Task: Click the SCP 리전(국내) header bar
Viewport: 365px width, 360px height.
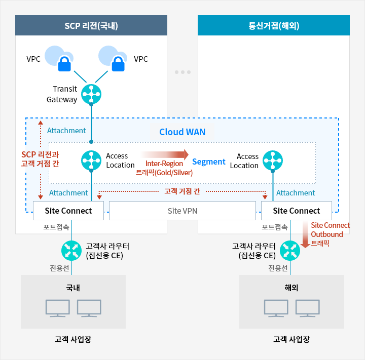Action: click(x=91, y=25)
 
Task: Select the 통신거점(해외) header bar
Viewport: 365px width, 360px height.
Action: click(x=274, y=25)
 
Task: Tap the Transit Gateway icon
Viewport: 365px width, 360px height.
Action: click(x=91, y=93)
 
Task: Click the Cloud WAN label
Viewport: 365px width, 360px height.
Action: click(x=182, y=132)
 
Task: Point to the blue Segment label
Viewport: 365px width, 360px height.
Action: click(x=209, y=162)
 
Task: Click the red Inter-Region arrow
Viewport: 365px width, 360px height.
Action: click(x=165, y=154)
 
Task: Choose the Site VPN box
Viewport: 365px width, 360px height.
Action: click(x=182, y=211)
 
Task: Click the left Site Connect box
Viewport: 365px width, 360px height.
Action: click(x=68, y=211)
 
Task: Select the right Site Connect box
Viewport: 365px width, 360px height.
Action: click(x=297, y=211)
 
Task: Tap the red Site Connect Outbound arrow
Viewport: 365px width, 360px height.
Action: click(x=305, y=235)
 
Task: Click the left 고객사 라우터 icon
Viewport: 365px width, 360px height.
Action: click(x=71, y=249)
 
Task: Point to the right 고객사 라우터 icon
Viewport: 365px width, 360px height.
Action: click(x=290, y=249)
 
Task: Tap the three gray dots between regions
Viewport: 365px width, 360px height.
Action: click(x=182, y=72)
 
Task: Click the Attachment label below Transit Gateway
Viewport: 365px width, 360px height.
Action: click(x=66, y=131)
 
